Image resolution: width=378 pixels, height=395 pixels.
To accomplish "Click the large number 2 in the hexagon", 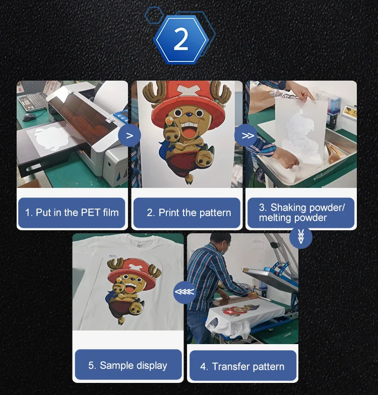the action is pyautogui.click(x=181, y=39).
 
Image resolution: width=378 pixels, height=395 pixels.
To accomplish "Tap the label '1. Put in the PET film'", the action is pyautogui.click(x=72, y=213).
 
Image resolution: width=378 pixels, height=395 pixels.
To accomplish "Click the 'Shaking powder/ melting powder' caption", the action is pyautogui.click(x=301, y=213).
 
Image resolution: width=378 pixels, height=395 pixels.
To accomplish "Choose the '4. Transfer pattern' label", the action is pyautogui.click(x=242, y=366).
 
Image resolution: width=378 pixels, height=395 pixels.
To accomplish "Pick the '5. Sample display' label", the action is pyautogui.click(x=128, y=365).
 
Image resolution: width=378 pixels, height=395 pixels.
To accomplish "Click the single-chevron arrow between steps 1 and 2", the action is pyautogui.click(x=129, y=136).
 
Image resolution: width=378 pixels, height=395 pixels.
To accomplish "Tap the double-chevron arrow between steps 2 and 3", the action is pyautogui.click(x=246, y=136).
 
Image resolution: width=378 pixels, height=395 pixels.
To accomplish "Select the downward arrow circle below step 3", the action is pyautogui.click(x=300, y=237).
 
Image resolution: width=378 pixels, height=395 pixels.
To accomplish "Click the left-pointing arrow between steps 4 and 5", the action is pyautogui.click(x=184, y=292).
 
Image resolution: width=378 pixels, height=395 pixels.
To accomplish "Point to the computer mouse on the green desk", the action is pyautogui.click(x=29, y=117).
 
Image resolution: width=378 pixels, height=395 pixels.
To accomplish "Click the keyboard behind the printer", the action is pyautogui.click(x=31, y=101).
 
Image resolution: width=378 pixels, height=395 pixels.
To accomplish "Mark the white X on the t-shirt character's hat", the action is pyautogui.click(x=133, y=266).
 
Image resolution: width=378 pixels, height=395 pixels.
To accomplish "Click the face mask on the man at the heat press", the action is pyautogui.click(x=225, y=249).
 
